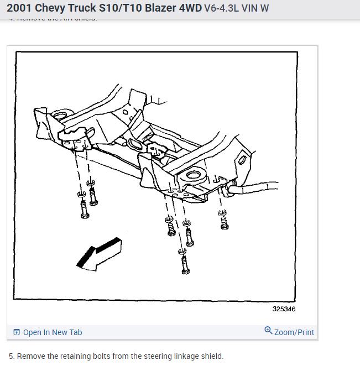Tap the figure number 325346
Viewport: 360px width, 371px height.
pos(284,309)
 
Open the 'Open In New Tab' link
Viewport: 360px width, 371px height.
pos(53,332)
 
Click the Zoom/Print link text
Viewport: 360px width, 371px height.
pos(294,332)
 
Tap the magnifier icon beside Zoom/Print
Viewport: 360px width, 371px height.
pos(268,331)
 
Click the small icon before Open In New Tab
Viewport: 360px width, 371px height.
pos(17,332)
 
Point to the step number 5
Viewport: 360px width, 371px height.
pos(11,356)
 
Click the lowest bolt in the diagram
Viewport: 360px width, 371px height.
pos(183,265)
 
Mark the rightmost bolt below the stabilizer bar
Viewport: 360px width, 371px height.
pos(224,222)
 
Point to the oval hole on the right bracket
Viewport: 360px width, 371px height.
pos(242,160)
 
